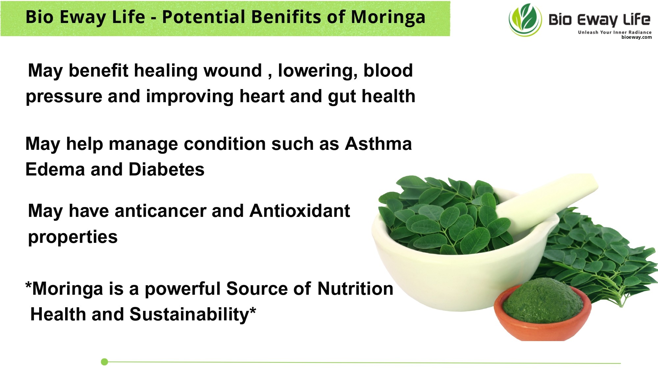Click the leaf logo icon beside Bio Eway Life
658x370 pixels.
coord(525,20)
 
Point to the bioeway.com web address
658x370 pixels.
coord(636,37)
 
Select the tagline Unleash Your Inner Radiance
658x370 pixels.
coord(615,32)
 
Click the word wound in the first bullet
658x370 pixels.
coord(233,71)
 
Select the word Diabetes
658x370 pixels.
coord(166,170)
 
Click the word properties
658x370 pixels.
coord(73,237)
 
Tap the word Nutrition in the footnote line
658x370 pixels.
coord(355,289)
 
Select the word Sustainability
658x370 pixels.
coord(189,314)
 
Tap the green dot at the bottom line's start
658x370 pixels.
coord(105,362)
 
